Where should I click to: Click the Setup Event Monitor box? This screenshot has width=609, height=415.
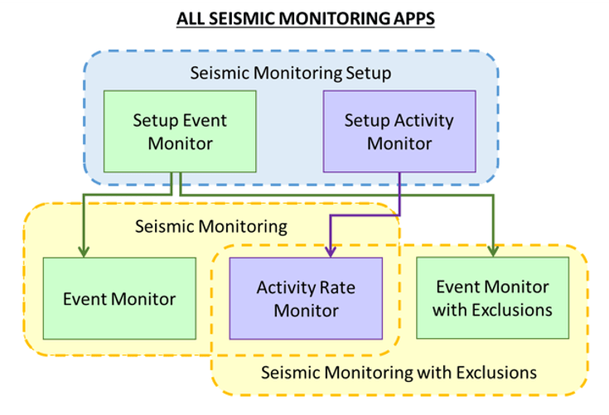[x=180, y=131]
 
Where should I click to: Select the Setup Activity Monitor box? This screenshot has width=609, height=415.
[x=399, y=131]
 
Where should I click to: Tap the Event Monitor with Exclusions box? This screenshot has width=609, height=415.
[x=493, y=298]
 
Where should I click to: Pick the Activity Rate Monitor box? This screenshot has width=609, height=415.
[x=306, y=298]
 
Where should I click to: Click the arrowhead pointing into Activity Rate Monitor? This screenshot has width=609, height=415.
[x=331, y=250]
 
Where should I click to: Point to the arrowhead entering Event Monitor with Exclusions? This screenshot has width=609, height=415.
[x=493, y=250]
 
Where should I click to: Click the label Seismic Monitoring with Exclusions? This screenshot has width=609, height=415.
[x=399, y=372]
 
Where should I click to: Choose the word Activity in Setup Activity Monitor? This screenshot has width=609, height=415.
[x=423, y=120]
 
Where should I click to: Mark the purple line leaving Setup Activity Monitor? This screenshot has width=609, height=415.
[x=400, y=191]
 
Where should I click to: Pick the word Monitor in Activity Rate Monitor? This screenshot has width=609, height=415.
[x=306, y=311]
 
